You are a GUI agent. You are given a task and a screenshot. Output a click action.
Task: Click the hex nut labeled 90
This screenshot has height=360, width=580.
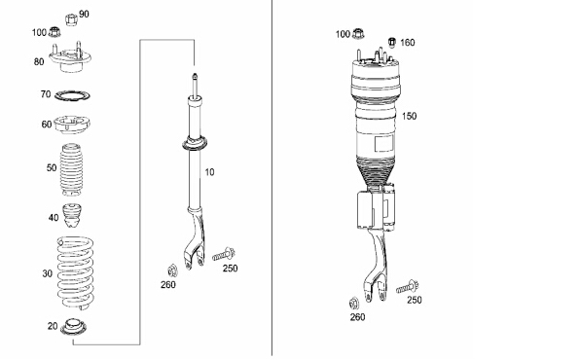[x=71, y=19]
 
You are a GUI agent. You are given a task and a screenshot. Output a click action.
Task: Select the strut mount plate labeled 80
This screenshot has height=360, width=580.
[x=70, y=57]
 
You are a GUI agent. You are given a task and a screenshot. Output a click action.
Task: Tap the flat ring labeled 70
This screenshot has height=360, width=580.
[x=72, y=95]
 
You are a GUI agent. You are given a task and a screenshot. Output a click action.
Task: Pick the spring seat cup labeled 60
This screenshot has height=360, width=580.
[x=72, y=125]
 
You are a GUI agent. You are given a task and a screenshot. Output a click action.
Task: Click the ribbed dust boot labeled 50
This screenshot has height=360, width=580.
[x=71, y=170]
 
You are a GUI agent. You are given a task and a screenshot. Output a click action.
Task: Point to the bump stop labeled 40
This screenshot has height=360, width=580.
[x=71, y=216]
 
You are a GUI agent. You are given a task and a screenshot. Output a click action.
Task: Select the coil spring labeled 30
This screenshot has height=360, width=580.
[x=75, y=272]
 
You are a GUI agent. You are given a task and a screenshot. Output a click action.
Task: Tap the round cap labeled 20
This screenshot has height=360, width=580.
[x=73, y=327]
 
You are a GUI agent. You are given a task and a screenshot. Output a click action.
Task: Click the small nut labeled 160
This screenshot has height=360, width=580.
[x=392, y=42]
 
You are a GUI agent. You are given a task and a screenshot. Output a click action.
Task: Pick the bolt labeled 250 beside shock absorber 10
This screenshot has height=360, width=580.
[x=224, y=255]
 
